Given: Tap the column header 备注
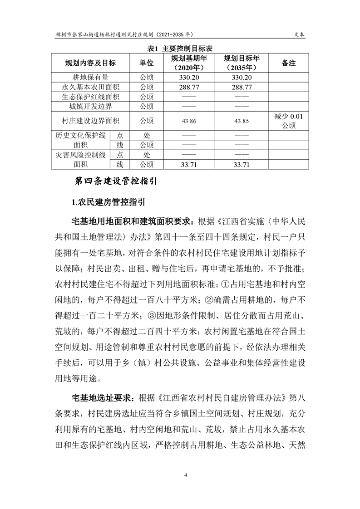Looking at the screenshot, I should point(289,63).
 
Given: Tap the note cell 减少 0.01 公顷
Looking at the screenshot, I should point(289,121).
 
